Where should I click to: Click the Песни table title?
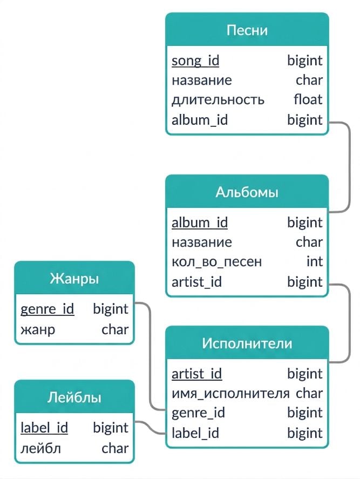(x=247, y=30)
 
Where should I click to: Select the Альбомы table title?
(x=247, y=192)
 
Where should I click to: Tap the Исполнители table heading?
(x=247, y=343)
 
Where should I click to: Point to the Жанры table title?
(x=74, y=279)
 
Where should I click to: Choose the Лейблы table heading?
(x=74, y=398)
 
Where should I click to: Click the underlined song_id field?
(x=195, y=61)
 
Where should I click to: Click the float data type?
(x=308, y=99)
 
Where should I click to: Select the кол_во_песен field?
(x=217, y=262)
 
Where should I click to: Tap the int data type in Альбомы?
(x=315, y=261)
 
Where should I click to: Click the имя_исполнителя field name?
(x=230, y=394)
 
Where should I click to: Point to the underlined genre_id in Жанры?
(x=47, y=309)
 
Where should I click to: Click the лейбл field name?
(x=40, y=449)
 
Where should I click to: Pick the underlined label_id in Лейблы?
(x=44, y=428)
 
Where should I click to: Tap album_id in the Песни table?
(x=200, y=120)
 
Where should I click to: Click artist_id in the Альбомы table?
(x=196, y=282)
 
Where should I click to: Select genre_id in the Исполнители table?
(x=198, y=413)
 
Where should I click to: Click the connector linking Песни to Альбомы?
(x=349, y=167)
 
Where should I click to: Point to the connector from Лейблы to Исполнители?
(x=150, y=428)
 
